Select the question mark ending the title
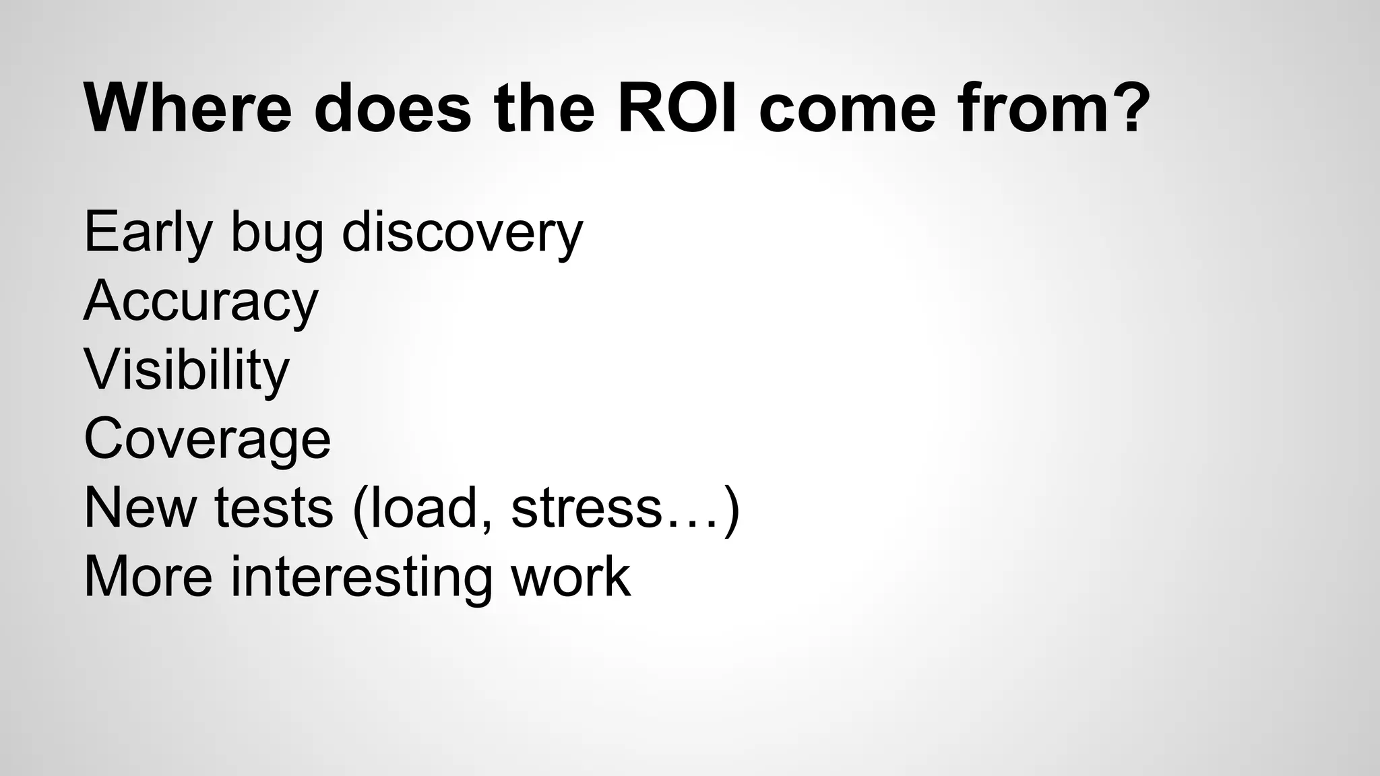click(1127, 108)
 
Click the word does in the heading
click(392, 108)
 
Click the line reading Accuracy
click(200, 302)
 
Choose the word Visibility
click(186, 371)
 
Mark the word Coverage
click(207, 439)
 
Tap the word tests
click(274, 509)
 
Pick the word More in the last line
click(148, 577)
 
